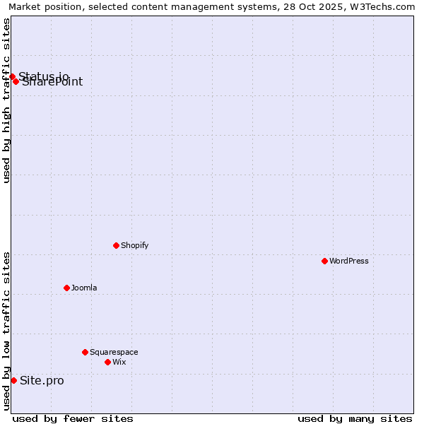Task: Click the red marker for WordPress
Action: tap(324, 261)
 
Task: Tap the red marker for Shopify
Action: tap(116, 245)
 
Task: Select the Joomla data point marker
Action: tap(66, 288)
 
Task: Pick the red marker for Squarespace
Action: tap(85, 352)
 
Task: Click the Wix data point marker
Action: tap(107, 362)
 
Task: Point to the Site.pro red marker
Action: tap(13, 380)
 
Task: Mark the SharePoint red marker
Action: tap(16, 81)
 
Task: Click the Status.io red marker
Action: tap(12, 76)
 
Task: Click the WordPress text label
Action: tap(349, 261)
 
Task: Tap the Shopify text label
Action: tap(134, 245)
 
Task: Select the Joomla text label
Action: tap(84, 288)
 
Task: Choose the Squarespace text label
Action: tap(114, 352)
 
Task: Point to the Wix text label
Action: tap(119, 362)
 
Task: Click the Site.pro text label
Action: tap(42, 381)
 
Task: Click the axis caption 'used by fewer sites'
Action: tap(73, 418)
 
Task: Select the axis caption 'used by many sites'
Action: tap(355, 418)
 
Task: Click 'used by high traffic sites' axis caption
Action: tap(6, 100)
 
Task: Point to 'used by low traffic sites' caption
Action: tap(6, 331)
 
